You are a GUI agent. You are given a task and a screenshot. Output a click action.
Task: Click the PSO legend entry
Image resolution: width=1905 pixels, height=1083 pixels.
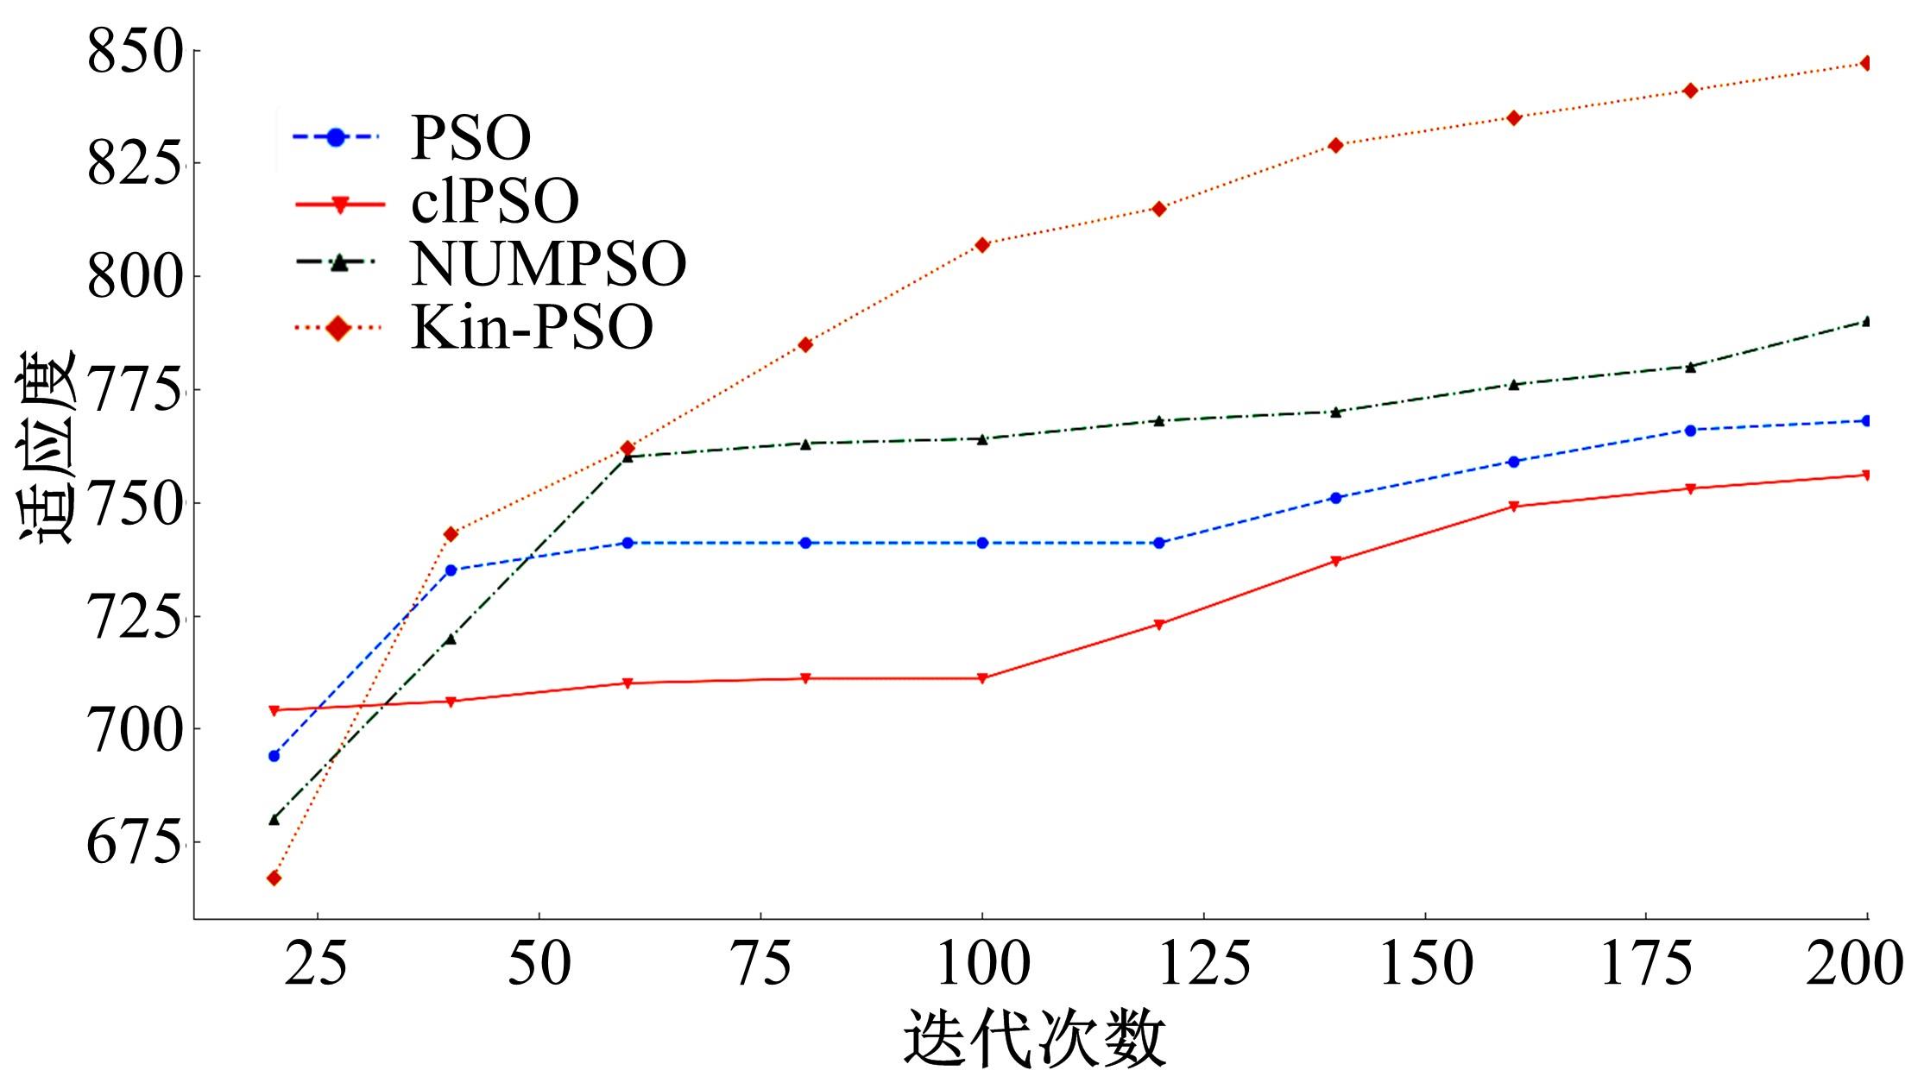tap(470, 137)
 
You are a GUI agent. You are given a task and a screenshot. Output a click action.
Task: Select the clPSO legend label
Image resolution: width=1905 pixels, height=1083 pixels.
tap(495, 201)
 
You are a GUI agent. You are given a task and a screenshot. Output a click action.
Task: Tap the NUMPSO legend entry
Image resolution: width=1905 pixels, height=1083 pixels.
tap(548, 263)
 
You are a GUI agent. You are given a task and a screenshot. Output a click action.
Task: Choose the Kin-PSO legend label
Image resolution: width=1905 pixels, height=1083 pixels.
tap(532, 327)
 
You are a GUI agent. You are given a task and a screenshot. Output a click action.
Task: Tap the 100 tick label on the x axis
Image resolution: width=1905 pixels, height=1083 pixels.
tap(982, 963)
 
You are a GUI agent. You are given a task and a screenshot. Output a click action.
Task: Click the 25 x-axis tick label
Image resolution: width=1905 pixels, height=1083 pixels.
tap(317, 963)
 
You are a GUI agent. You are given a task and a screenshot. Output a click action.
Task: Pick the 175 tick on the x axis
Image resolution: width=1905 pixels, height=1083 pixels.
tap(1646, 963)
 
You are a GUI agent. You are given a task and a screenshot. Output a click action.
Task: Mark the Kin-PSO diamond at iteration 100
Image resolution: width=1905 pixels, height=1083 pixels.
tap(982, 245)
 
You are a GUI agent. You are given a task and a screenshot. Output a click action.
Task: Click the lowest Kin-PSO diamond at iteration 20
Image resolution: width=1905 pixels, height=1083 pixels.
tap(274, 878)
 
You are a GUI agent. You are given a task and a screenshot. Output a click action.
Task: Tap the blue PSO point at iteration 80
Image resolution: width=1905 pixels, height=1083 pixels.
tap(805, 543)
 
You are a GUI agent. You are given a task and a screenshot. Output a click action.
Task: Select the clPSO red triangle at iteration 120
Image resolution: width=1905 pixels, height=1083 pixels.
tap(1159, 624)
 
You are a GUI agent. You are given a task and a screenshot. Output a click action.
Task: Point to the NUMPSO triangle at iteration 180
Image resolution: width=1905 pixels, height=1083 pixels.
tap(1690, 367)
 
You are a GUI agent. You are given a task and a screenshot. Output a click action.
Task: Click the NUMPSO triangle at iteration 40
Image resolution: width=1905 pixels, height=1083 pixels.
tap(450, 639)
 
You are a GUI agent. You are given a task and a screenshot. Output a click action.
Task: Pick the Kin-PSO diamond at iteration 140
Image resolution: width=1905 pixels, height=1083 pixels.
tap(1336, 145)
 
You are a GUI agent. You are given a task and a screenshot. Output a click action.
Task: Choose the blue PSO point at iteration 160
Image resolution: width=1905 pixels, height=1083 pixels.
tap(1513, 462)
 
